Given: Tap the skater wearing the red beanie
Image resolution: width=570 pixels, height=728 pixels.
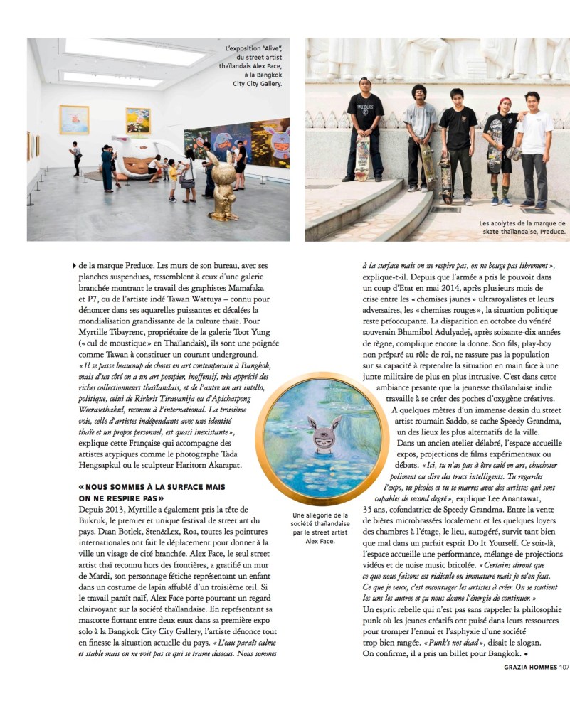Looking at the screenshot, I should pos(500,149).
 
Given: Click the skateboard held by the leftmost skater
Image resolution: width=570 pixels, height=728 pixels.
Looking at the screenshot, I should pos(363,158).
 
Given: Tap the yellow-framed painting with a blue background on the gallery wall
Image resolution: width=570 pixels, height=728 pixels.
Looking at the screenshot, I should pos(74,119).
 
